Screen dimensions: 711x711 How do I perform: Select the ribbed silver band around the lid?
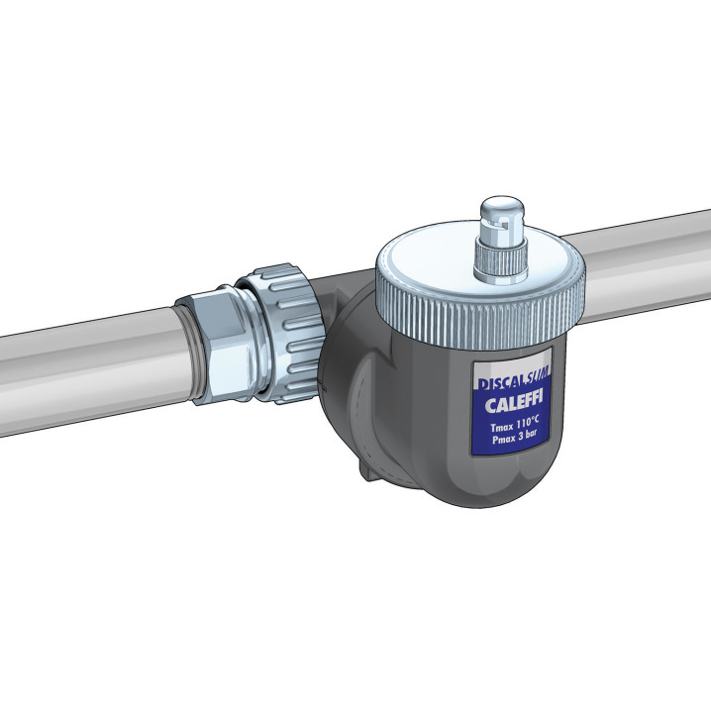[480, 313]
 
